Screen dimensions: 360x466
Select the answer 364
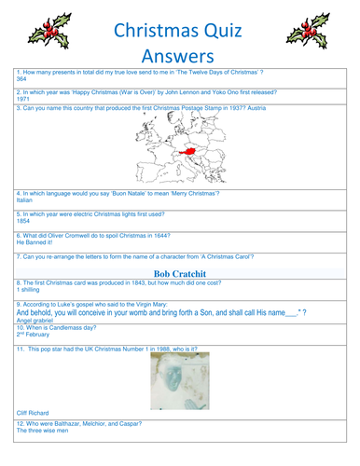pyautogui.click(x=21, y=79)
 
